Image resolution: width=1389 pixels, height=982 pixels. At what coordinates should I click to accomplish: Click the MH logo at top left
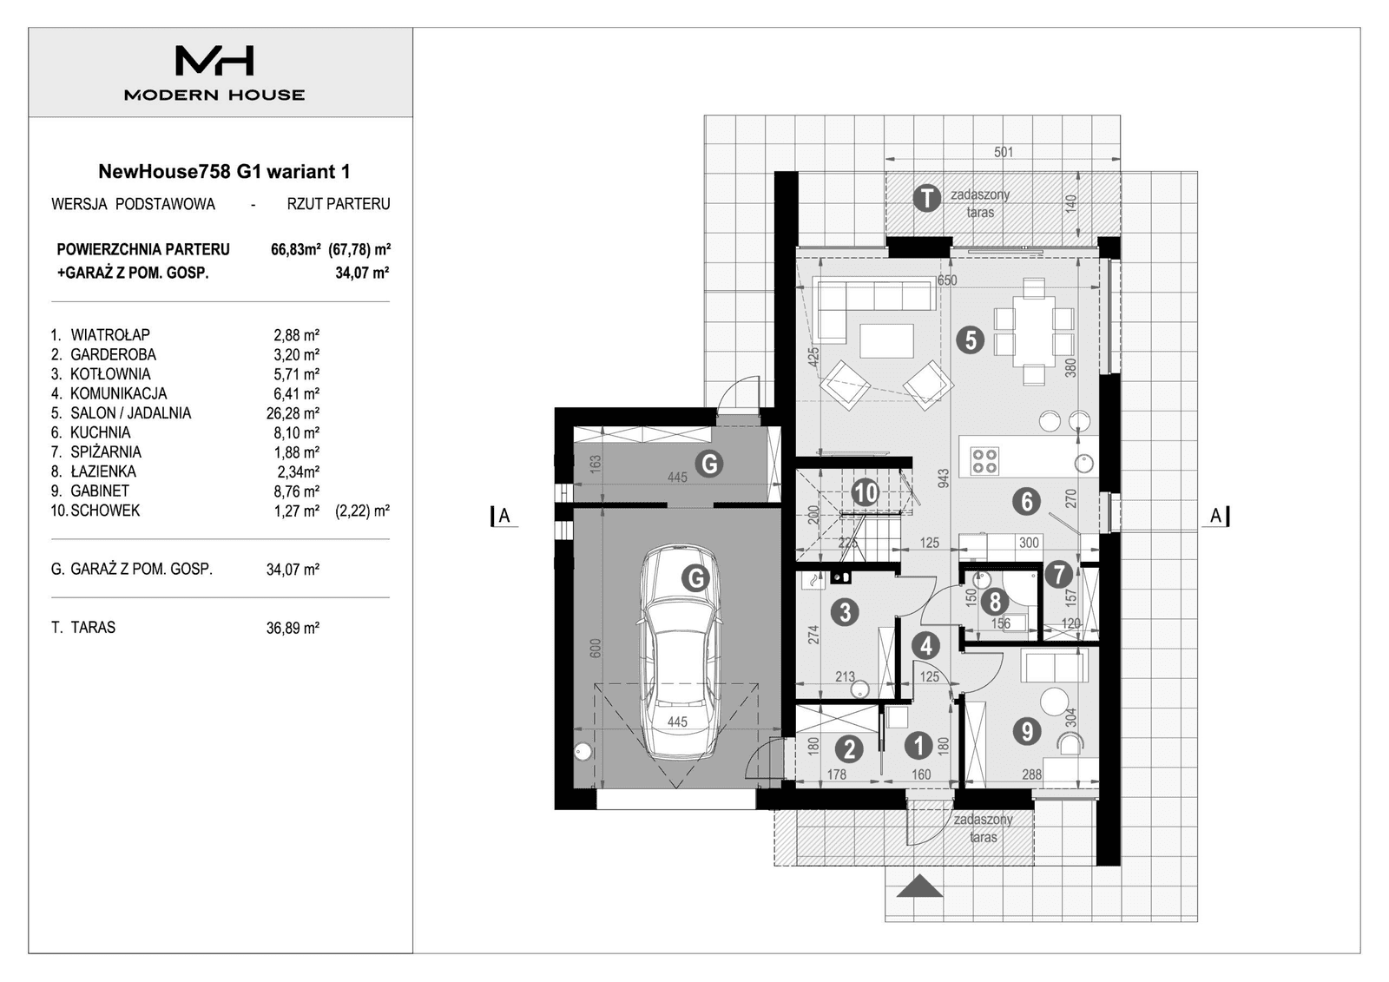[214, 61]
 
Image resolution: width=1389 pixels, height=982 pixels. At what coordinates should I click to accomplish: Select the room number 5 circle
[970, 339]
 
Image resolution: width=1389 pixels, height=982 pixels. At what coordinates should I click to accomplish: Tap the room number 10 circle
[865, 493]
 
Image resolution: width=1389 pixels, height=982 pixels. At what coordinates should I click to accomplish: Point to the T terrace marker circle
[927, 198]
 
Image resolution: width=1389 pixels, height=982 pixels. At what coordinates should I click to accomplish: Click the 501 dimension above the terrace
[1003, 152]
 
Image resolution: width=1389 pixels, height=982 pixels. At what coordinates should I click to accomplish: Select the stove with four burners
[984, 460]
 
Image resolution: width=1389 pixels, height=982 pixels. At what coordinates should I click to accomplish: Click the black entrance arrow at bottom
[921, 887]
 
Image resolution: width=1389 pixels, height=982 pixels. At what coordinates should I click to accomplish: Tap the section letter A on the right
[1215, 516]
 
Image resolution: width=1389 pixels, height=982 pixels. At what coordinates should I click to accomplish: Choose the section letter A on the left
[504, 517]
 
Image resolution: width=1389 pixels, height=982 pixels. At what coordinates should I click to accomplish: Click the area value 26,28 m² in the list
[293, 413]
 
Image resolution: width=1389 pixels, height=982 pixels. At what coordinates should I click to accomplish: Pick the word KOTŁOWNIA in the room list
[110, 374]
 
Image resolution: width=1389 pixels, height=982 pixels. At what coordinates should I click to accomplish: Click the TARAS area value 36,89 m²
[293, 628]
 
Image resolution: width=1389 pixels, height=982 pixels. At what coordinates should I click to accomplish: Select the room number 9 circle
[1027, 731]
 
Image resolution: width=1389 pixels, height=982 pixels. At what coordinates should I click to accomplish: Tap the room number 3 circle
[845, 612]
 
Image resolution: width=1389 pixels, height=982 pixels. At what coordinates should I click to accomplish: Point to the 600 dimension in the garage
[596, 649]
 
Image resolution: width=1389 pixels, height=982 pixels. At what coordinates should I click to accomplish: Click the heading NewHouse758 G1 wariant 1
[224, 171]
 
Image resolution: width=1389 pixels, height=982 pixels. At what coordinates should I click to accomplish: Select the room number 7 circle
[1057, 574]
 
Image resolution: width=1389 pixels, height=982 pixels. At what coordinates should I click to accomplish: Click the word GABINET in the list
[100, 491]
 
